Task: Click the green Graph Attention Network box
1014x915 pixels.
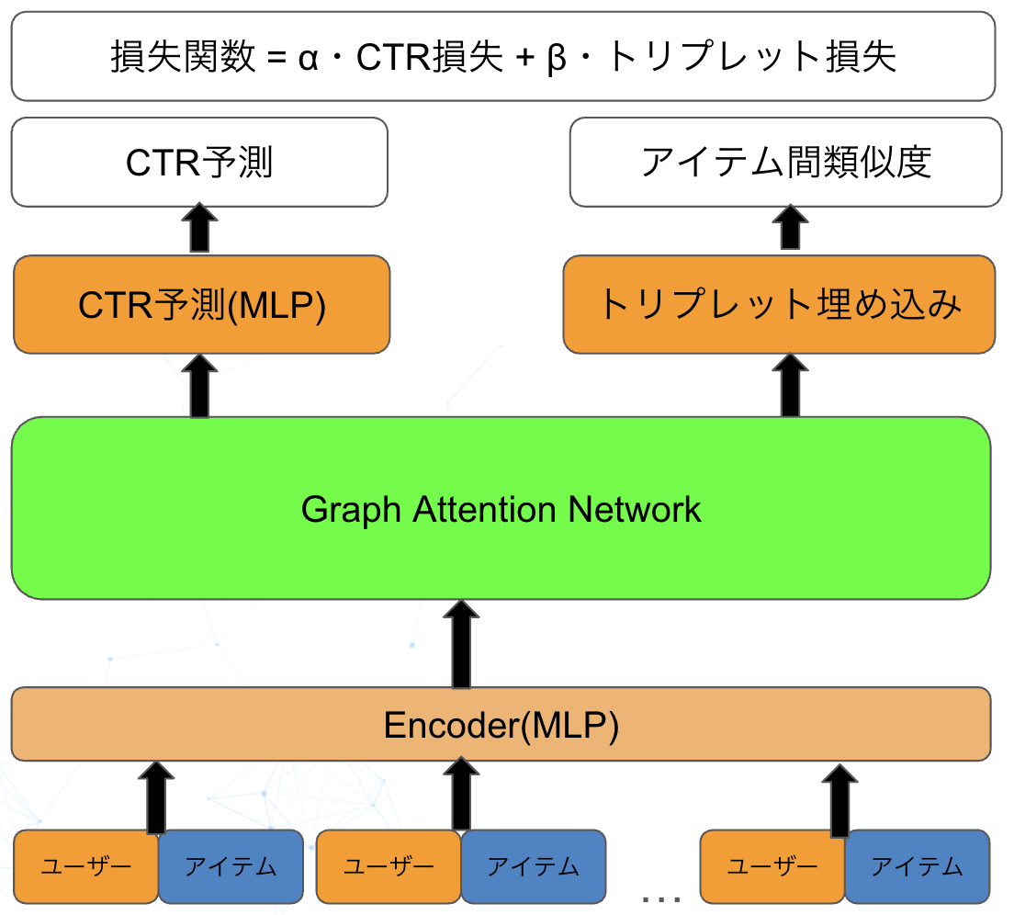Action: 501,551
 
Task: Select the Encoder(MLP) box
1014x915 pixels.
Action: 501,725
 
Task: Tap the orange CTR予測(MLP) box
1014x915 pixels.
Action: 201,305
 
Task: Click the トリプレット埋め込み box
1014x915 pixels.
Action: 779,305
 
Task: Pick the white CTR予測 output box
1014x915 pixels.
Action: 199,163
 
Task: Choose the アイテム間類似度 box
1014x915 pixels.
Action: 785,163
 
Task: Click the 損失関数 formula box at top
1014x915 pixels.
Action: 502,57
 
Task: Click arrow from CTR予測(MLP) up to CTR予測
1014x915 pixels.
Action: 199,230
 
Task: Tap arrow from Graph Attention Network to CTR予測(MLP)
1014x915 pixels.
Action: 199,386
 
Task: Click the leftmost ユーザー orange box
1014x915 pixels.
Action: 87,865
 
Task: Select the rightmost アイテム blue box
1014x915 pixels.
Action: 917,865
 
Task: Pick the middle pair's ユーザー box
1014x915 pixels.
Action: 388,865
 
